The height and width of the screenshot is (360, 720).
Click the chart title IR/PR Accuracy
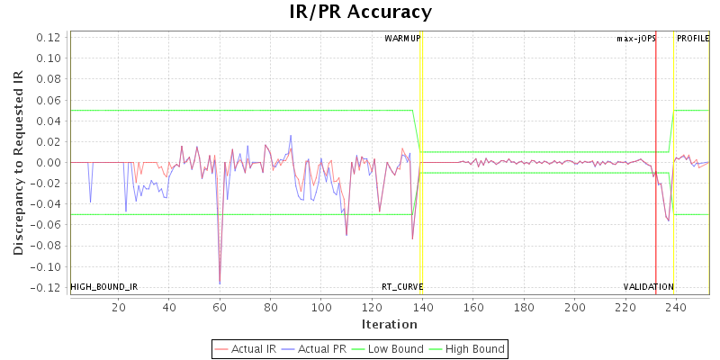360,13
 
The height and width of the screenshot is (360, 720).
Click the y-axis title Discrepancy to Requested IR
18,162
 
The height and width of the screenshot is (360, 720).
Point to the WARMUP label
402,39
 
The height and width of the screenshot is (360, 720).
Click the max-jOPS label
636,39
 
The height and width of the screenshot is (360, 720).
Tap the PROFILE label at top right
693,39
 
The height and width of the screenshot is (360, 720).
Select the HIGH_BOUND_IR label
104,287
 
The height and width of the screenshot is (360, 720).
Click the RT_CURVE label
402,287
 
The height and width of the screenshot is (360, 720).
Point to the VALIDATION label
649,287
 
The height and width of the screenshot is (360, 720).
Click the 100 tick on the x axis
322,308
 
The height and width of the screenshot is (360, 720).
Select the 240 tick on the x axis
677,308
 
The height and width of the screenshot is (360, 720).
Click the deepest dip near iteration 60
220,284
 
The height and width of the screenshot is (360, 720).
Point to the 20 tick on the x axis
119,308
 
